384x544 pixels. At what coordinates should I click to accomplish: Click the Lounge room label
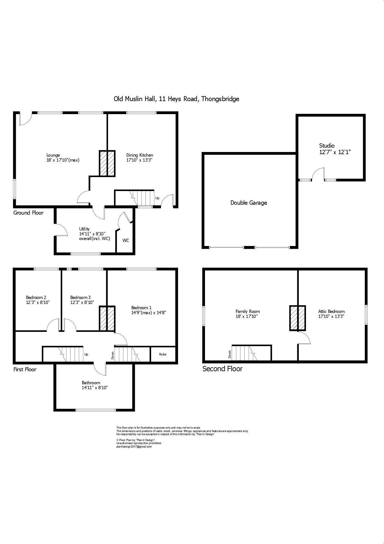click(x=53, y=155)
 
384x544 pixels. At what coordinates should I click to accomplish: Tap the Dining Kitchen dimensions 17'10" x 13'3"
click(x=140, y=160)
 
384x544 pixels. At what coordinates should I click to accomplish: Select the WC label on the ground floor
click(x=126, y=240)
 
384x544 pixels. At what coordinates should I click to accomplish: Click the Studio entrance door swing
click(x=318, y=174)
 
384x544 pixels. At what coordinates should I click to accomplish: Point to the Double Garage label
click(x=248, y=203)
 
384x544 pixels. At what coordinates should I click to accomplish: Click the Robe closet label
click(x=163, y=354)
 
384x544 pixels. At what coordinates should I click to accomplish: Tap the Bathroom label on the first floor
click(x=91, y=383)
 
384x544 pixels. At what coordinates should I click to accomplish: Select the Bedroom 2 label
click(x=36, y=297)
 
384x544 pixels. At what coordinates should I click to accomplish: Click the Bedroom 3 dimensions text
click(x=82, y=302)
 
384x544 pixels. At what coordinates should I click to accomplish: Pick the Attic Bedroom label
click(x=331, y=311)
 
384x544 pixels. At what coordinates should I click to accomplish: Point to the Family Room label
click(x=247, y=311)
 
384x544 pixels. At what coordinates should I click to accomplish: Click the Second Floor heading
click(x=222, y=369)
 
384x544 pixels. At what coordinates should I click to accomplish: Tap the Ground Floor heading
click(x=28, y=213)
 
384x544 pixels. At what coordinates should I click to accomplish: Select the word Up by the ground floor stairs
click(x=157, y=198)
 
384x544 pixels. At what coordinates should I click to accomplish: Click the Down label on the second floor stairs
click(x=230, y=354)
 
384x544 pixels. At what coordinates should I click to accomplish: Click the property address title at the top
click(x=176, y=99)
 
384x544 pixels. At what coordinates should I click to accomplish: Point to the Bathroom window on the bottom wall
click(x=96, y=410)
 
